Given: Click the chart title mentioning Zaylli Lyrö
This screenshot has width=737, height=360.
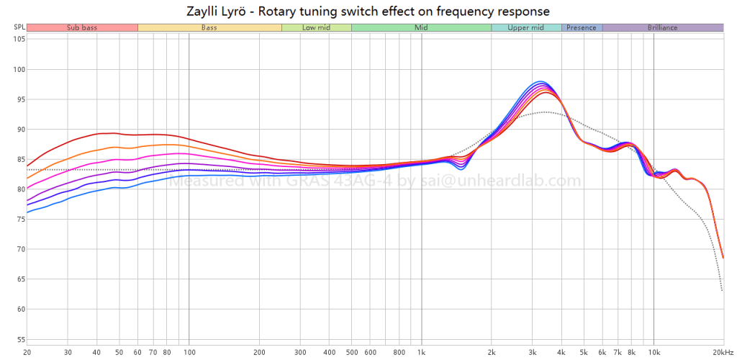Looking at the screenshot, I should coord(368,11).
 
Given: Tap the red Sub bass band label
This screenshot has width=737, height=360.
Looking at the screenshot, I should coord(81,27).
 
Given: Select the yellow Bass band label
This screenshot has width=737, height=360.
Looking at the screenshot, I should coord(209,27).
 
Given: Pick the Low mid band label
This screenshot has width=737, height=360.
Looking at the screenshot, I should coord(316,27).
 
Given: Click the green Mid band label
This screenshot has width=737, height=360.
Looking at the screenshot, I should coord(421,27).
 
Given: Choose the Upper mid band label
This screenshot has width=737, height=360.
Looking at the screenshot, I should coord(525,27).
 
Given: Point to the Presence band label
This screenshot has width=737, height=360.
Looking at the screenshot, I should coord(581,27).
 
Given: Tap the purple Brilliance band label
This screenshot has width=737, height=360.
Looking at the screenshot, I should coord(662,27).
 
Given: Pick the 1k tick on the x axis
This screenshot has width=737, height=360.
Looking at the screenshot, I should coord(421,353).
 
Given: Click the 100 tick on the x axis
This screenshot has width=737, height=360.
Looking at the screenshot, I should coord(189,353).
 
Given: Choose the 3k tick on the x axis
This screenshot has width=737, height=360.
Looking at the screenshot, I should coord(533,353).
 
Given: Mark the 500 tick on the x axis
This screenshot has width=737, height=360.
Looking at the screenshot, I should coord(351,353).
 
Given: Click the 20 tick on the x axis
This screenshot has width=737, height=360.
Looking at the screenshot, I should coord(27,353).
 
